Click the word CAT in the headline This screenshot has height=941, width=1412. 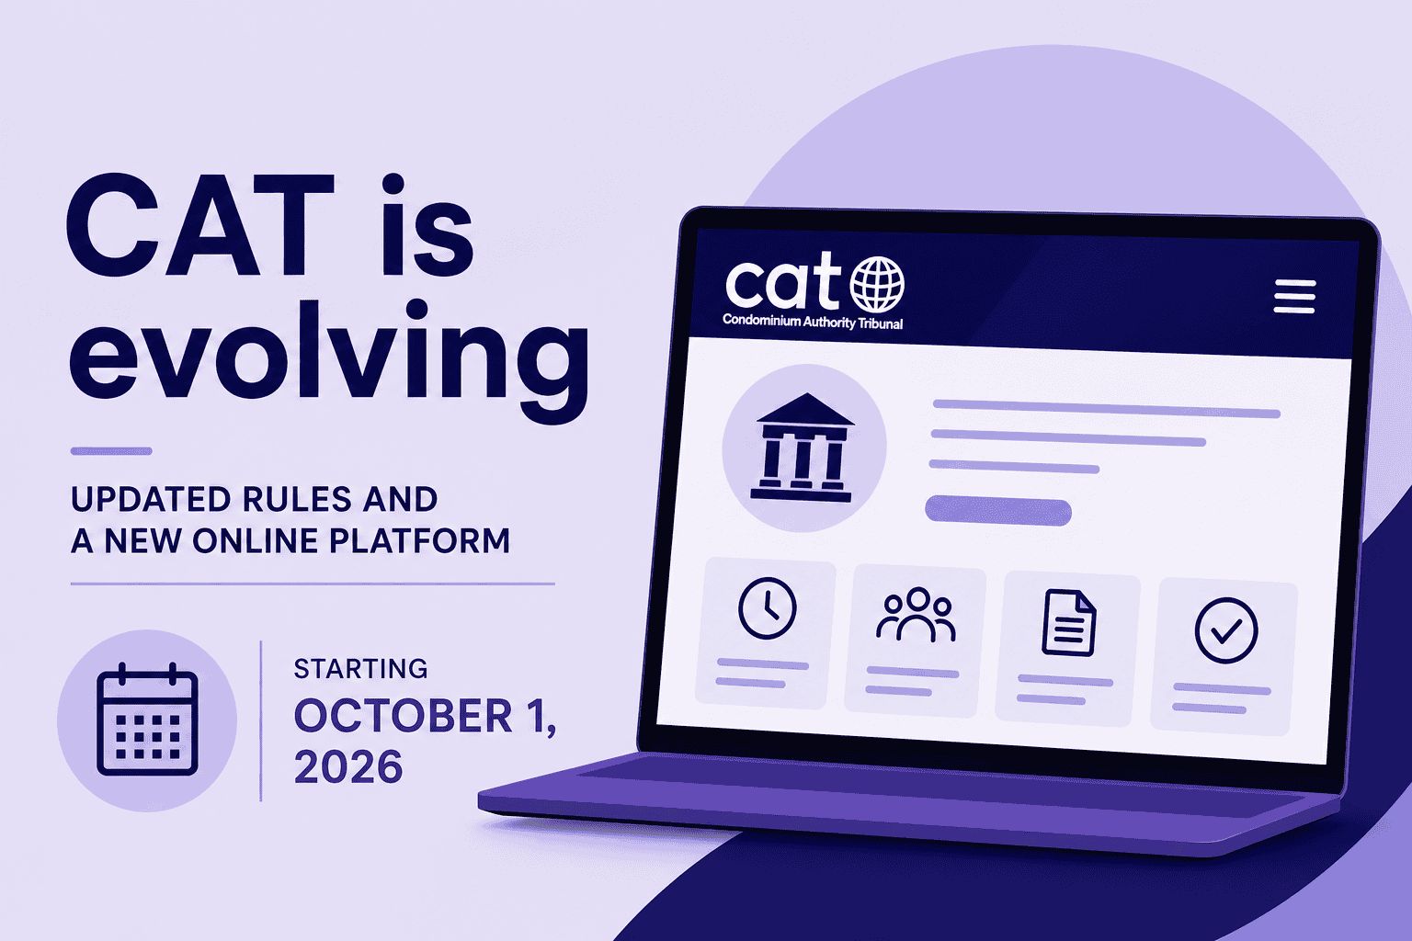coord(199,225)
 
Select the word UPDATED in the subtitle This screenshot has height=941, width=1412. coord(151,500)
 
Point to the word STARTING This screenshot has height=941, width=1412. coord(360,669)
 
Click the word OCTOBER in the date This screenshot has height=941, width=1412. coord(404,716)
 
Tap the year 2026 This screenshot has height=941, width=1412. coord(348,767)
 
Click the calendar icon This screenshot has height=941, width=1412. coord(147,720)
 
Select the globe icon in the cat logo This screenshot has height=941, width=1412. coord(877,284)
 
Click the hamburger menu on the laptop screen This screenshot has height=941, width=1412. coord(1294,296)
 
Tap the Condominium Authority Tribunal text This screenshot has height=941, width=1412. coord(813,322)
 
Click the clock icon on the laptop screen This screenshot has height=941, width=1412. coord(768,608)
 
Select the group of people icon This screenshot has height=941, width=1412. coord(916,615)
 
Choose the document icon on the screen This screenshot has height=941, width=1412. coord(1068,623)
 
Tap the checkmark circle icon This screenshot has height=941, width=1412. coord(1226,630)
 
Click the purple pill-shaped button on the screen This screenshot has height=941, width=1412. coord(997,511)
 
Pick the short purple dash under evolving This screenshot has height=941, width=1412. coord(111,450)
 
